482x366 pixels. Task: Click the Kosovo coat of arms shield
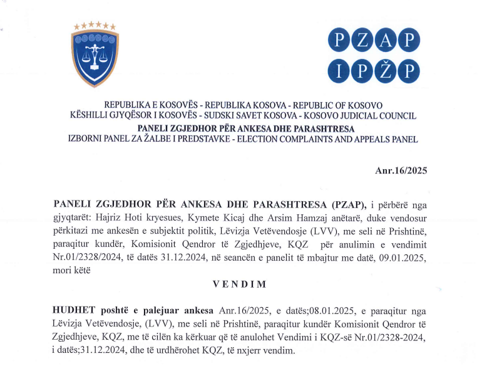[95, 59]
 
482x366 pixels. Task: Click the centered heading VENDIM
[240, 284]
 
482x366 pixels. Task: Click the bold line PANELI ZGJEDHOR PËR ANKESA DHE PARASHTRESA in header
[240, 128]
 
